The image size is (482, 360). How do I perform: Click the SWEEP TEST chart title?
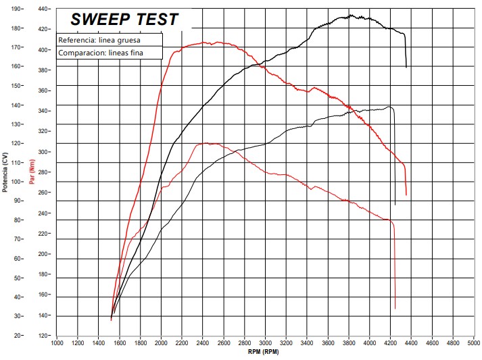[124, 20]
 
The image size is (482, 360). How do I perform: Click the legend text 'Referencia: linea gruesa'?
[99, 41]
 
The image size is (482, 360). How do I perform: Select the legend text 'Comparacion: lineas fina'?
[101, 53]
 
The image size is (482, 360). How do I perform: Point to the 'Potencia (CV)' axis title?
[5, 172]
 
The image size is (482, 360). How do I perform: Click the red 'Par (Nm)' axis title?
[32, 172]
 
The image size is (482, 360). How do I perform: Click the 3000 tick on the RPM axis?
[266, 343]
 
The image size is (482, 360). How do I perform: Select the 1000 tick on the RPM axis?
[57, 343]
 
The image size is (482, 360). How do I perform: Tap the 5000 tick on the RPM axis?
[474, 343]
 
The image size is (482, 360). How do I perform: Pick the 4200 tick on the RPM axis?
[391, 343]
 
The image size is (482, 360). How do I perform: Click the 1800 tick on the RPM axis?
[141, 343]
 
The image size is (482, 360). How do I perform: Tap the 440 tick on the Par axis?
[43, 9]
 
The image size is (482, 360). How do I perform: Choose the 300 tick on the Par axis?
[43, 152]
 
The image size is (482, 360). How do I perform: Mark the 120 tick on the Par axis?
[43, 336]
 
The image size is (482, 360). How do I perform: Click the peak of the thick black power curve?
[350, 16]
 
